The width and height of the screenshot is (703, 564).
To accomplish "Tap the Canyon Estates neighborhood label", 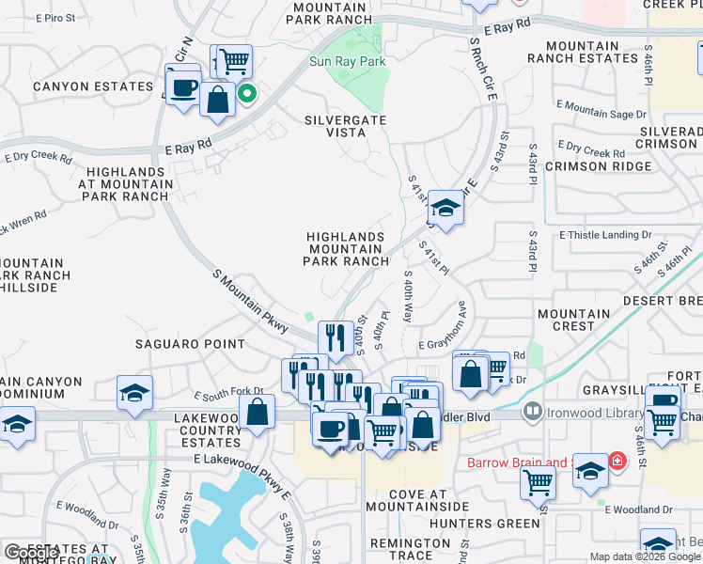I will click(x=79, y=86).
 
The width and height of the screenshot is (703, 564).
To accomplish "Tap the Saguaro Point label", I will click(x=190, y=344).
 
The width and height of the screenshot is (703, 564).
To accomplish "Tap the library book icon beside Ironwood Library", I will click(x=533, y=411).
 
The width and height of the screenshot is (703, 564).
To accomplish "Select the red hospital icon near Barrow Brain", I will click(x=617, y=462).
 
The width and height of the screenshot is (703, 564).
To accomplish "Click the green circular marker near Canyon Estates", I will click(x=247, y=93).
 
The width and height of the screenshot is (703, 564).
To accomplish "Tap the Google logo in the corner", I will click(x=30, y=554).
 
